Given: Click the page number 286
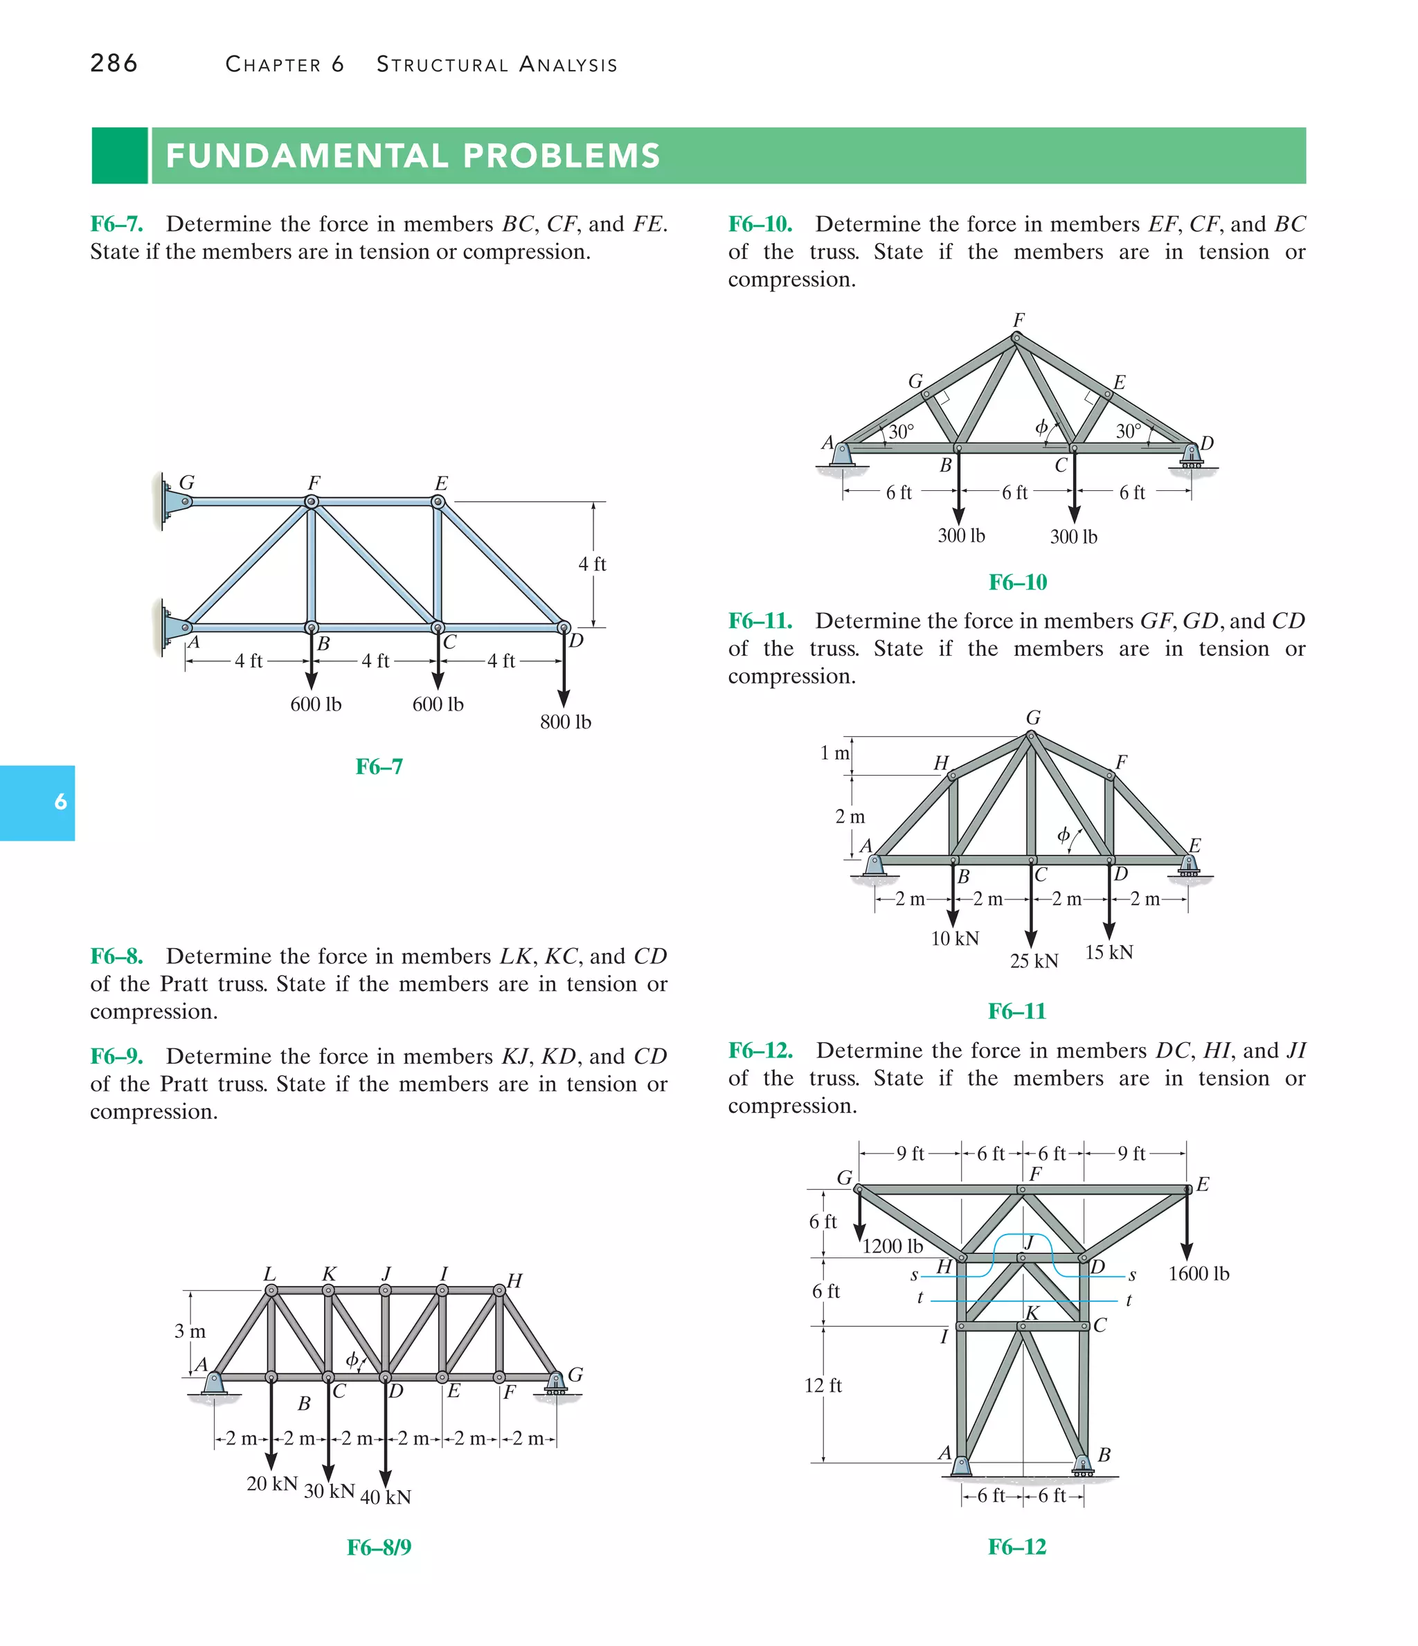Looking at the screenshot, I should (114, 63).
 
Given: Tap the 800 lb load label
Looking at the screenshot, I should (565, 722).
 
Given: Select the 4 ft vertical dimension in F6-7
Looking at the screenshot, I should (592, 564).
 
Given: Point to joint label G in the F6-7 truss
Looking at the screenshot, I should (188, 482).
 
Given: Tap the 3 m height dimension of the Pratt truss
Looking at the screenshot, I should (190, 1332).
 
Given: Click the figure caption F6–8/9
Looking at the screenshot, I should (379, 1548).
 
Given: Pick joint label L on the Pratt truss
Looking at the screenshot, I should (269, 1274).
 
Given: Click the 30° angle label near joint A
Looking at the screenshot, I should (901, 431).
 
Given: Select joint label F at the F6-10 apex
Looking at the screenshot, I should (1018, 320).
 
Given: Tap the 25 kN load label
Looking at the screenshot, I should (1034, 961).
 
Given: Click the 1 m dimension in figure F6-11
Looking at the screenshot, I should (834, 752).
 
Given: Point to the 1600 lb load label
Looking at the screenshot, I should (1198, 1274).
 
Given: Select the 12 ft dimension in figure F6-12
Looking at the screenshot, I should (823, 1386).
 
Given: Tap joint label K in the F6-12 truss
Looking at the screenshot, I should (1032, 1313).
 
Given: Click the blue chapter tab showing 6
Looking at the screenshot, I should (37, 803).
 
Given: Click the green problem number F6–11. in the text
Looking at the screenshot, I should (760, 621).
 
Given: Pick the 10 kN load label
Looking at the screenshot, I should (954, 939).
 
